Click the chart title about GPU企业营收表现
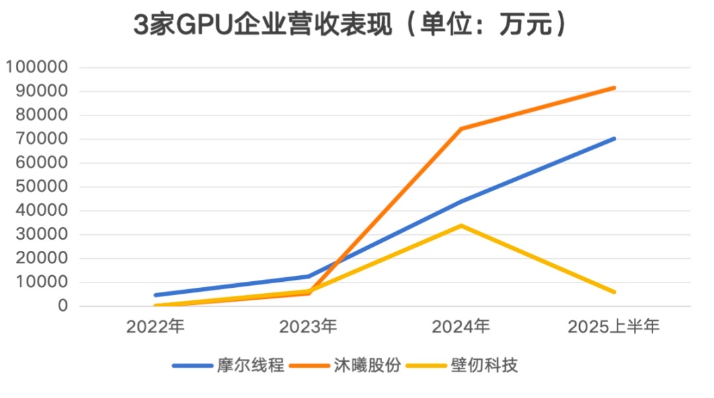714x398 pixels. [350, 26]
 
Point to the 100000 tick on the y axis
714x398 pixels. [37, 67]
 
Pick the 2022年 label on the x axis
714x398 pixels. [156, 326]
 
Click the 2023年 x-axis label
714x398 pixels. [308, 326]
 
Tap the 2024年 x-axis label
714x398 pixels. [461, 326]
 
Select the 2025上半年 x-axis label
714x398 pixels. [614, 326]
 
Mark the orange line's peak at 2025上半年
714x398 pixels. [614, 88]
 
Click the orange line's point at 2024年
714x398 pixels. [461, 129]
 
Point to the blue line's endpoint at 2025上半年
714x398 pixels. [614, 139]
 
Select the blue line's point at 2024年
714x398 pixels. [461, 201]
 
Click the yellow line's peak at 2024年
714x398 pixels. [461, 226]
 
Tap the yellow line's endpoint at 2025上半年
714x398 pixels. [614, 292]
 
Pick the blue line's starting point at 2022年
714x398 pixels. [156, 295]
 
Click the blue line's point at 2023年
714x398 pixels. [308, 277]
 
